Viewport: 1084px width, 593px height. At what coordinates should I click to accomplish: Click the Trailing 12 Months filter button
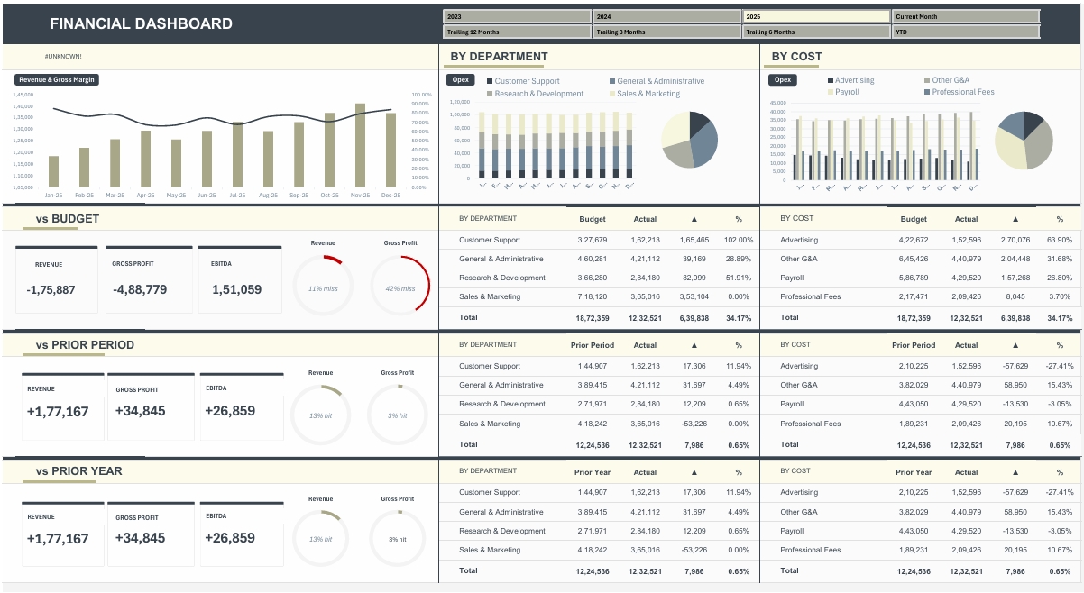(517, 32)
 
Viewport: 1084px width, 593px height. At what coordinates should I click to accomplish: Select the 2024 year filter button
(666, 16)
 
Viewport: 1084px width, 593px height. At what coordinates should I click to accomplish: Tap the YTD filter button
(966, 32)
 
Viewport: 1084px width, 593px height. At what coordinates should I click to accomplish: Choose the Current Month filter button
(966, 16)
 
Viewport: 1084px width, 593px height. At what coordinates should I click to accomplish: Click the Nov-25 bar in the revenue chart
(360, 145)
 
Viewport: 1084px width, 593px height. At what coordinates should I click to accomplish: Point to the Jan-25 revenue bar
(53, 171)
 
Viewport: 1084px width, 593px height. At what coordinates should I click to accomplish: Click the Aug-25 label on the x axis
(268, 195)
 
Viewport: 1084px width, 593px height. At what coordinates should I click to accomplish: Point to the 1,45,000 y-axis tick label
(23, 95)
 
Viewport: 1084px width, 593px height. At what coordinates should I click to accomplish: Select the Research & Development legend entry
(539, 94)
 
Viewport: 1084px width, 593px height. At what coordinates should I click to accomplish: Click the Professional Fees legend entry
(963, 92)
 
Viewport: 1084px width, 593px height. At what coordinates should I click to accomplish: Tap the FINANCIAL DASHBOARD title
(141, 24)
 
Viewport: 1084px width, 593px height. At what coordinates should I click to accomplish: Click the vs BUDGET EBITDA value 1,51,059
(236, 289)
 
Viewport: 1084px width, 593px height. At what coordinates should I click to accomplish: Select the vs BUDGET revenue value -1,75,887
(51, 289)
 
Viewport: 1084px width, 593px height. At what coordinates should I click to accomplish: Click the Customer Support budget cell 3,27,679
(592, 240)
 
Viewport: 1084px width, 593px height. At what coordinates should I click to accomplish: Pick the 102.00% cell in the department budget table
(739, 240)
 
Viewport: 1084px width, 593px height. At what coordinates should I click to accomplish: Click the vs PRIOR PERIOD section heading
(85, 345)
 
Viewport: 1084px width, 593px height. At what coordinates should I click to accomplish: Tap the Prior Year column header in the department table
(592, 472)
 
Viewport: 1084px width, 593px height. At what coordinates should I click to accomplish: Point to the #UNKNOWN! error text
(63, 57)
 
